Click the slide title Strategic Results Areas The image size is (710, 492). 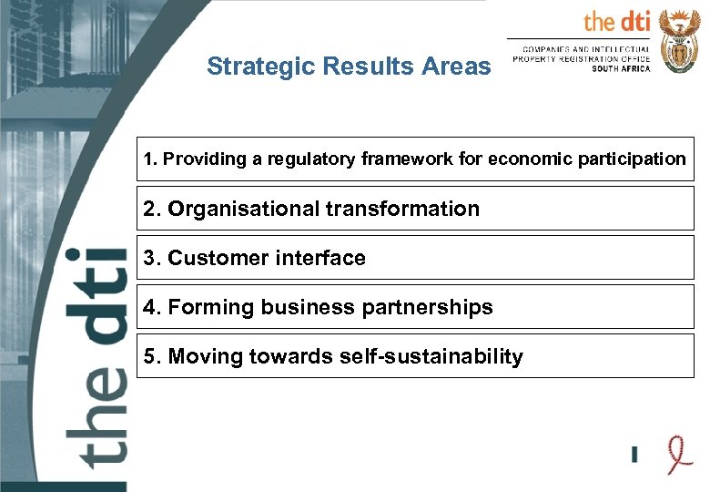pos(348,67)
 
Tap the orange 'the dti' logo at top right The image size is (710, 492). pos(616,21)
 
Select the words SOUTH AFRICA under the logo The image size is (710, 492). pos(621,69)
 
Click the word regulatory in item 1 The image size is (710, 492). pos(294,159)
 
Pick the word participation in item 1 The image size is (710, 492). pos(633,159)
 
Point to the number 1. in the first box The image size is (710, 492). pos(150,159)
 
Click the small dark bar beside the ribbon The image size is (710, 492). pos(634,453)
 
